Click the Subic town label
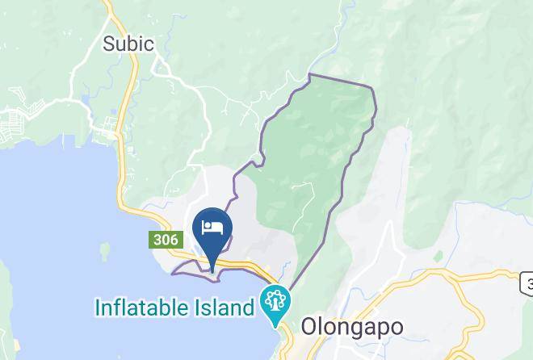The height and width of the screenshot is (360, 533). point(128,44)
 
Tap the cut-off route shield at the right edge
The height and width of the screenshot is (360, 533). point(527,283)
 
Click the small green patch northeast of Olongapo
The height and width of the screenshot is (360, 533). point(438,256)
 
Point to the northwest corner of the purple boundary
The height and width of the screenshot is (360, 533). point(310,75)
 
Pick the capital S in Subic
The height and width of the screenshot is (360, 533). point(109,44)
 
